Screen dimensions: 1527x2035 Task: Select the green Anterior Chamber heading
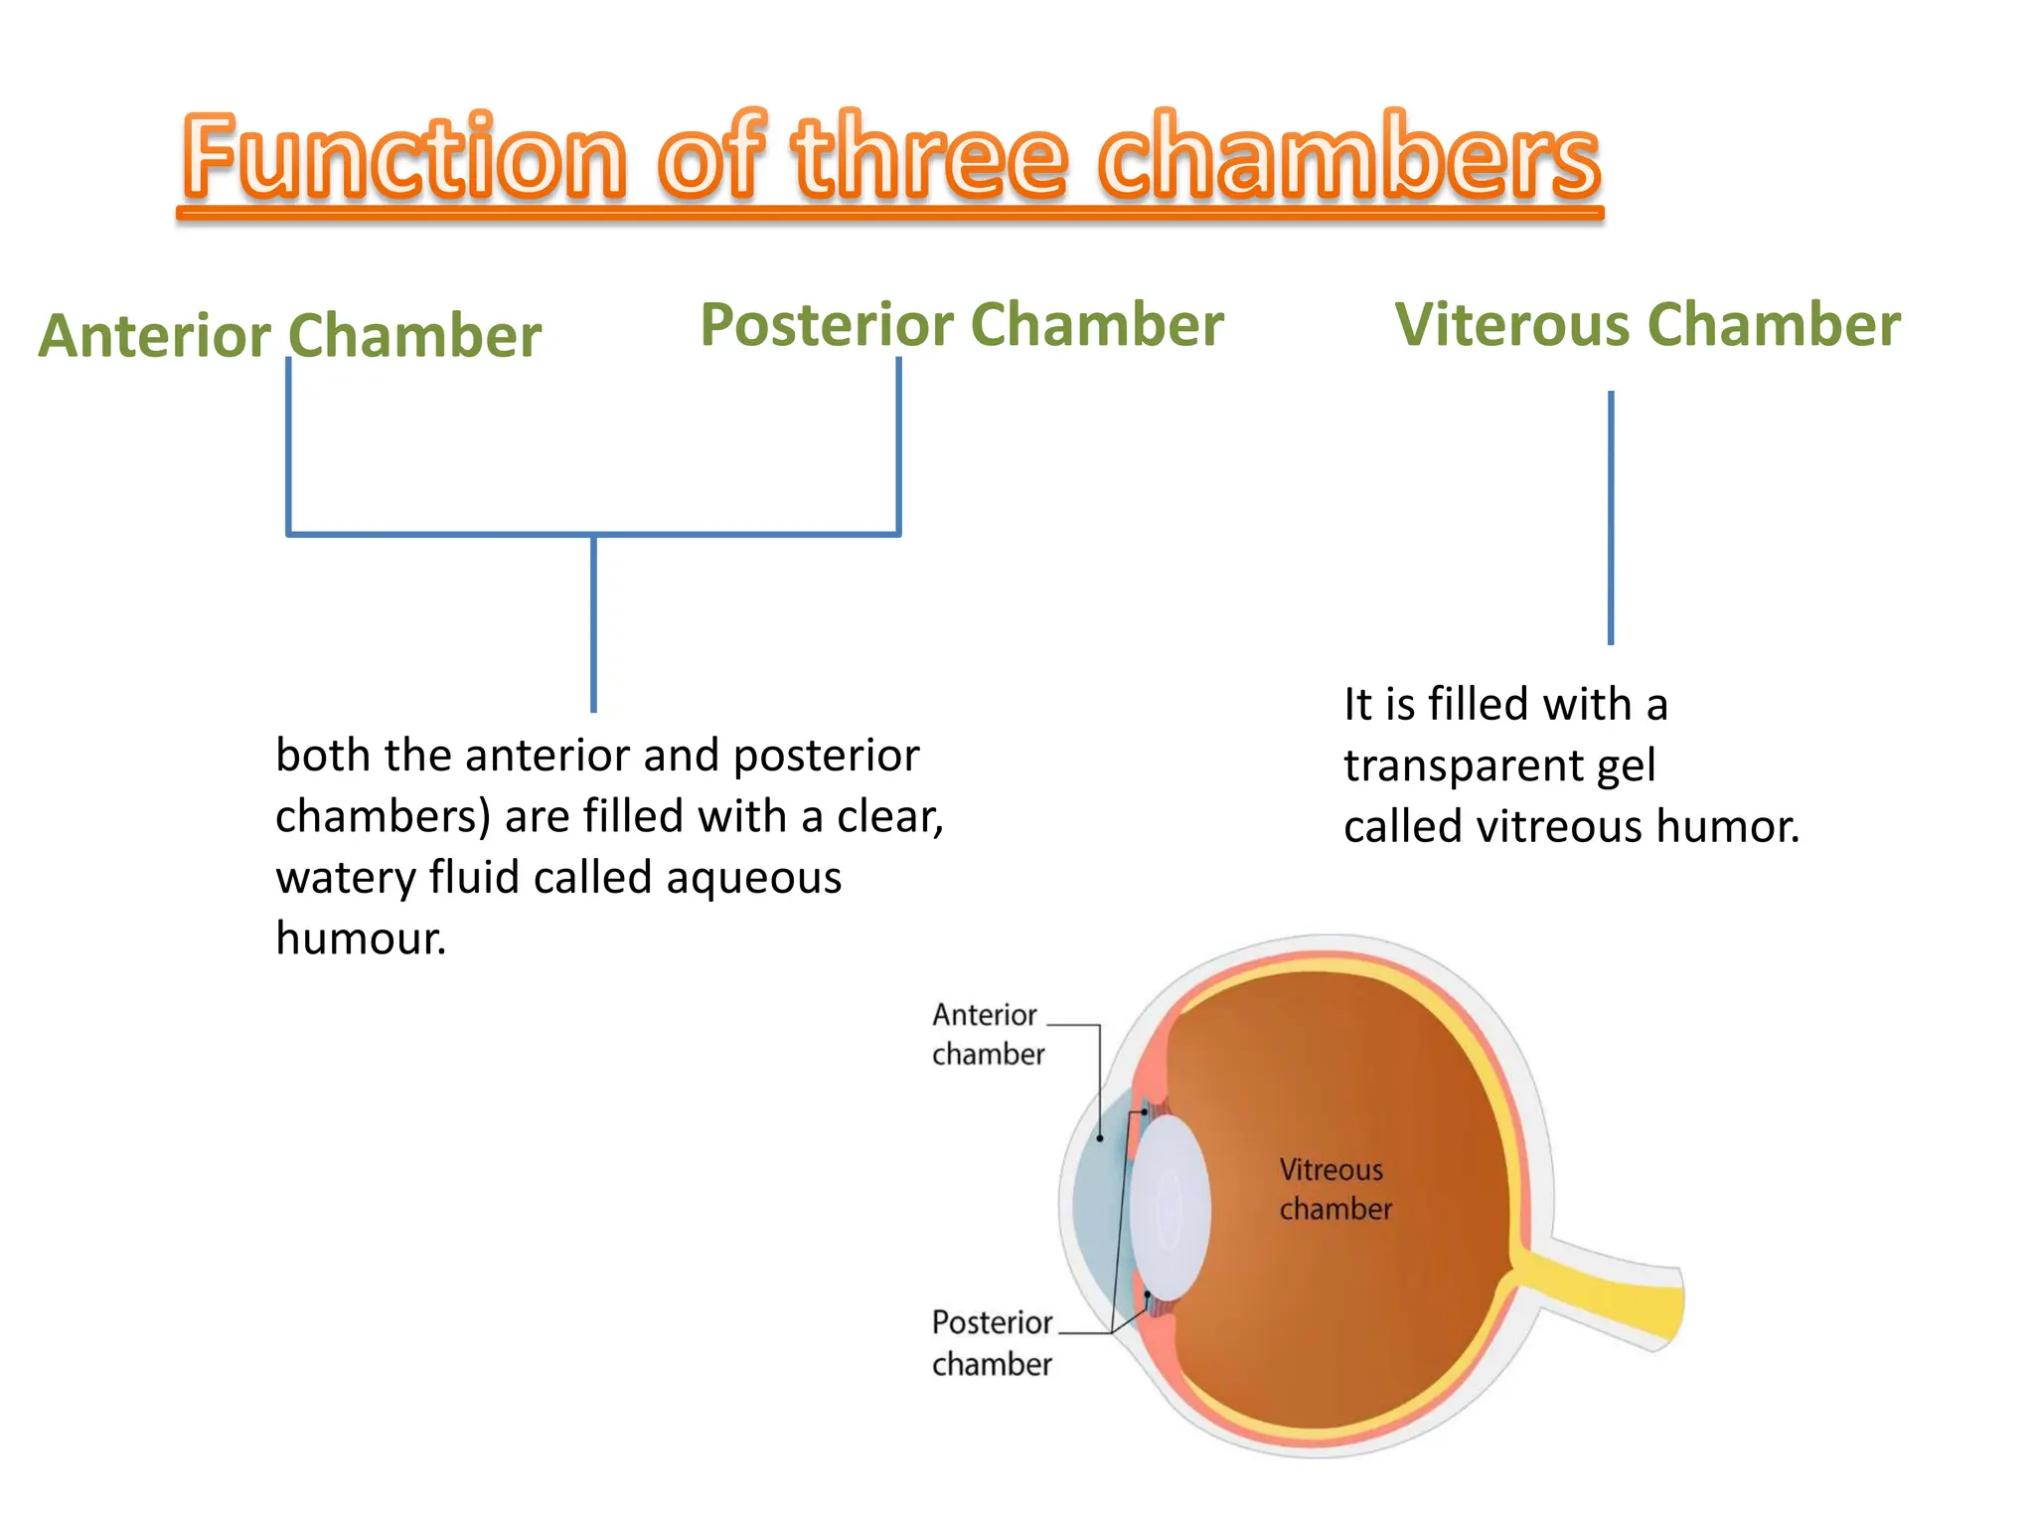tap(290, 335)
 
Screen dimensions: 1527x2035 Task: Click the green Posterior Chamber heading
tap(962, 325)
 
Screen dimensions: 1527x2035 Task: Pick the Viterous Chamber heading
tap(1647, 325)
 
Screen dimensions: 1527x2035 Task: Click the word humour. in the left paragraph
tap(361, 938)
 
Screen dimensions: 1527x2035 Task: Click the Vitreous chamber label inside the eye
tap(1333, 1189)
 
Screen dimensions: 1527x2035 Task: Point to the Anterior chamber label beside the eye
tap(987, 1034)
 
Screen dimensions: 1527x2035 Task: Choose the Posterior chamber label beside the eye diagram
tap(992, 1343)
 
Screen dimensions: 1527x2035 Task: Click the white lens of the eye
tap(1171, 1206)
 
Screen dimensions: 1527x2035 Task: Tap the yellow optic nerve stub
tap(1610, 1292)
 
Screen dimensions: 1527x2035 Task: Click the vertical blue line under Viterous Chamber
tap(1611, 517)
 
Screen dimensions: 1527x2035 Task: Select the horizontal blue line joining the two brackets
tap(593, 534)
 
